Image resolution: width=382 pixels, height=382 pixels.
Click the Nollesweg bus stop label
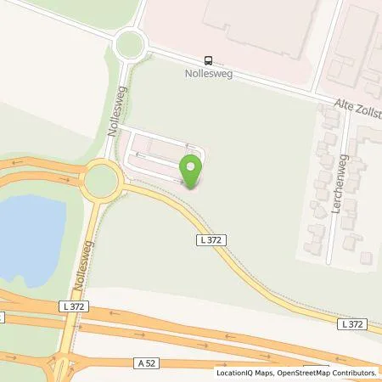pyautogui.click(x=210, y=74)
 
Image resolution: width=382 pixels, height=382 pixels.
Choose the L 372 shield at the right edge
pyautogui.click(x=351, y=324)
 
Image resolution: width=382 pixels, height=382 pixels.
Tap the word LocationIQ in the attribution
pyautogui.click(x=234, y=373)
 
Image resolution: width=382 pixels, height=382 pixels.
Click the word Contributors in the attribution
pyautogui.click(x=354, y=373)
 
